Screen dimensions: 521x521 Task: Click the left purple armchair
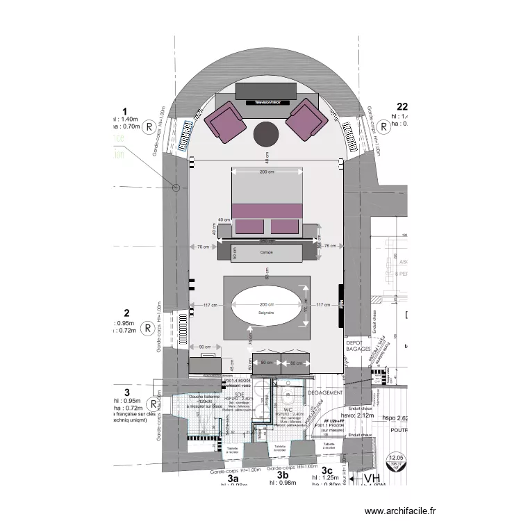[226, 121]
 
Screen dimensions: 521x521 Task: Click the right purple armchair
[306, 121]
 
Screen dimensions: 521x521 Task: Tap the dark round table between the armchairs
[266, 134]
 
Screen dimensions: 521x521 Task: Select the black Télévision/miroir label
[267, 101]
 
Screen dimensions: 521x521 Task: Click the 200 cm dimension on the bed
[266, 171]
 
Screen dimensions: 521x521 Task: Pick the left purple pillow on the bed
[249, 226]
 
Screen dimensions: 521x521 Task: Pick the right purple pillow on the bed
[284, 226]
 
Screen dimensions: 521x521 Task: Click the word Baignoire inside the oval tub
[267, 314]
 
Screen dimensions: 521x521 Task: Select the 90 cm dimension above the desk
[204, 347]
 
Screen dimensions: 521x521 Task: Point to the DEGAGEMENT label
[342, 392]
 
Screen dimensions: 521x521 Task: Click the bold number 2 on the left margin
[126, 313]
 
